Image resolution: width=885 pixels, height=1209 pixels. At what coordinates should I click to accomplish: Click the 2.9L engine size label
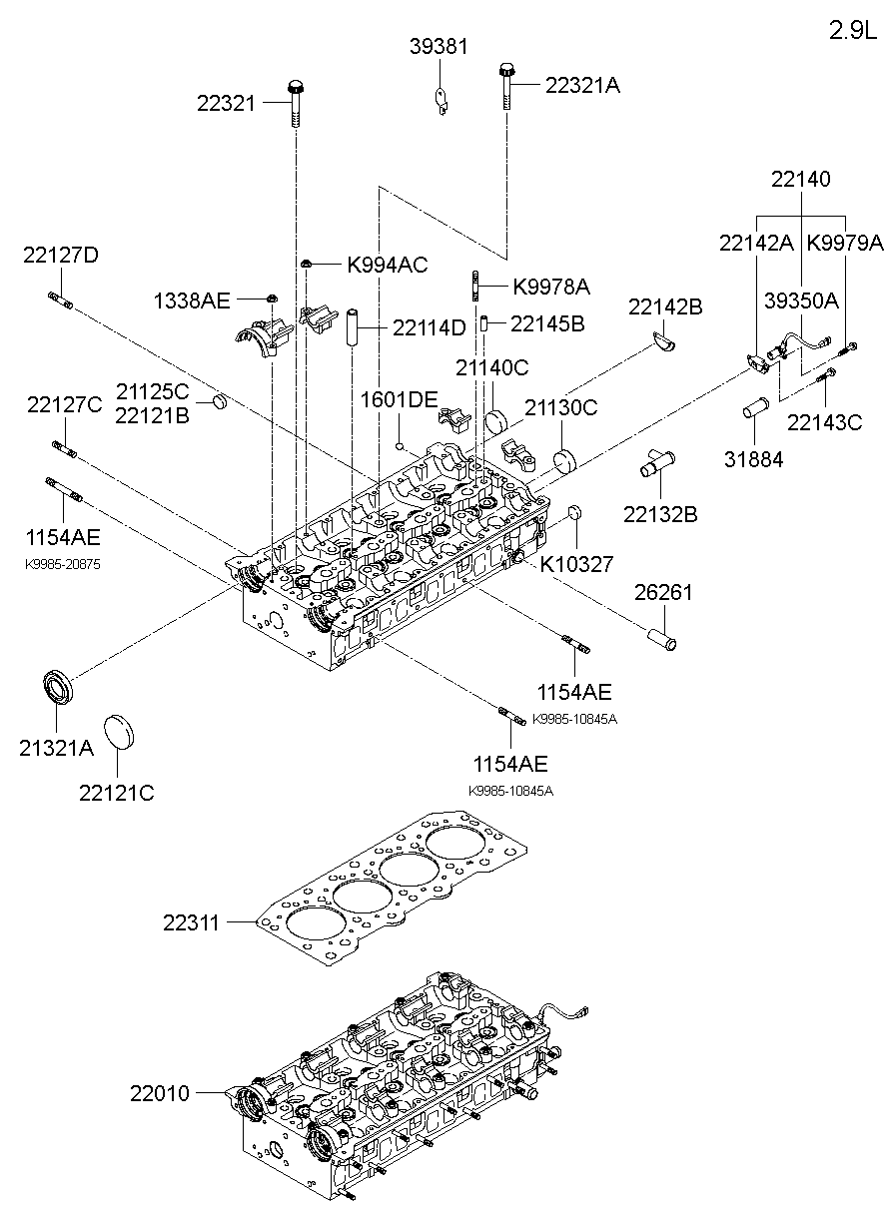pos(851,30)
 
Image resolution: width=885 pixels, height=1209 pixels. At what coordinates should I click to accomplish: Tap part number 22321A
pos(582,86)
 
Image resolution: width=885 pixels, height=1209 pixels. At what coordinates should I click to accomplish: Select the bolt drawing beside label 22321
pos(296,103)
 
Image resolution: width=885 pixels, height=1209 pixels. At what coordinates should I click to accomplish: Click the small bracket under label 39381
pos(441,99)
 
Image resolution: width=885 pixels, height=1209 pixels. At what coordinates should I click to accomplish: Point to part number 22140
pos(800,180)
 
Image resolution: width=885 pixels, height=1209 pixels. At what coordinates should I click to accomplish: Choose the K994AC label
pos(387,265)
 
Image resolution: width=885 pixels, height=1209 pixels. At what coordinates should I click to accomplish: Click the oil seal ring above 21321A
pos(59,688)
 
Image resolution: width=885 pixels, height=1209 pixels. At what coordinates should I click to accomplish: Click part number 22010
pos(159,1093)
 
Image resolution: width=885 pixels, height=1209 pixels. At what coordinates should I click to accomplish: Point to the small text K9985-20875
pos(62,564)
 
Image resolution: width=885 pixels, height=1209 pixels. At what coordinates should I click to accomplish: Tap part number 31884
pos(755,459)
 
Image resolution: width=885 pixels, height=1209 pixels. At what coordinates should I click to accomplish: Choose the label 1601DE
pos(399,400)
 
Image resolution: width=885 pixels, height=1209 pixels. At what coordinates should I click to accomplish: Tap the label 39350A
pos(800,301)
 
